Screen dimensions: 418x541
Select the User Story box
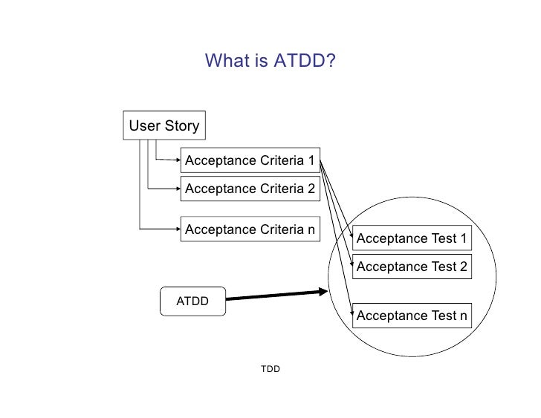pyautogui.click(x=164, y=125)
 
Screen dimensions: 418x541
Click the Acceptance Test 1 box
pyautogui.click(x=412, y=238)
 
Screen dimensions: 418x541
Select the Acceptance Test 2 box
pyautogui.click(x=412, y=267)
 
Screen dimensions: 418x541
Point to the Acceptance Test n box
pyautogui.click(x=412, y=316)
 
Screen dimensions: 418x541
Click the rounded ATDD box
pyautogui.click(x=192, y=301)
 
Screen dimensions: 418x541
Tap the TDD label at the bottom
pyautogui.click(x=270, y=369)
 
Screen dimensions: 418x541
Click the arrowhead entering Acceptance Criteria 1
pyautogui.click(x=176, y=160)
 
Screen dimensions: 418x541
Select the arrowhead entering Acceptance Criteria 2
pyautogui.click(x=176, y=189)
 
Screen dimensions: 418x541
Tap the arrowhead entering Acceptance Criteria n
pyautogui.click(x=176, y=229)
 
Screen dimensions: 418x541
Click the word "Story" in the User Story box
pyautogui.click(x=182, y=125)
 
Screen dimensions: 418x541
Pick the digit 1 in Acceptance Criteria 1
pyautogui.click(x=311, y=160)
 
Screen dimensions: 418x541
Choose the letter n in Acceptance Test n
pyautogui.click(x=463, y=316)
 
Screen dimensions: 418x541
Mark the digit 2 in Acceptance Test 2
pyautogui.click(x=463, y=267)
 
